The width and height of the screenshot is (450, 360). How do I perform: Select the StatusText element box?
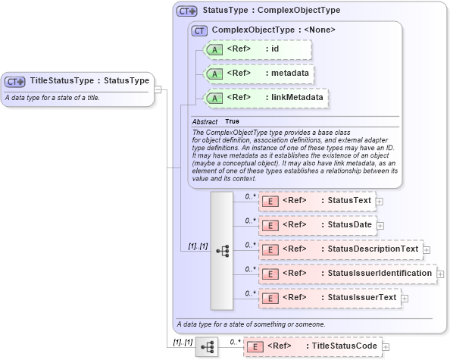click(x=317, y=201)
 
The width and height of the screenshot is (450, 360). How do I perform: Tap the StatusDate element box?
click(x=317, y=225)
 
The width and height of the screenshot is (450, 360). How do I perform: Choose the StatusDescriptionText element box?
click(x=340, y=249)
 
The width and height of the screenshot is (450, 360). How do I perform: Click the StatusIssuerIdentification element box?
click(x=347, y=273)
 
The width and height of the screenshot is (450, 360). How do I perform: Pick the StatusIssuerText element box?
click(x=329, y=298)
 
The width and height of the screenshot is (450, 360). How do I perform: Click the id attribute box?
click(x=258, y=49)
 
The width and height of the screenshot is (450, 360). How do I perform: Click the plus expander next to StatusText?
click(x=380, y=202)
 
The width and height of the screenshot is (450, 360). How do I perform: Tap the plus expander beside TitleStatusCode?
click(x=386, y=347)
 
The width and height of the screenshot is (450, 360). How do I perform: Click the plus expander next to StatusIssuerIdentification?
click(x=441, y=274)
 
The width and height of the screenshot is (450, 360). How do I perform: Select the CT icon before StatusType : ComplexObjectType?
click(x=186, y=11)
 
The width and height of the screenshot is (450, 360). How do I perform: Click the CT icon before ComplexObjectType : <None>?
click(x=200, y=30)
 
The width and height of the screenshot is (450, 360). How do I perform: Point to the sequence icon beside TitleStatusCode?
click(x=207, y=347)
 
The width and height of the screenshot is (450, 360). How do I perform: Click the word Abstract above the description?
click(x=205, y=122)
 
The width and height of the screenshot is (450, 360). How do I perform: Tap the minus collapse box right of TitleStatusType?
click(x=158, y=89)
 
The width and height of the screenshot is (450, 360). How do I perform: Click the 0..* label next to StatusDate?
click(x=249, y=221)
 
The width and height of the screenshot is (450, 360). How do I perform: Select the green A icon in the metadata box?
click(x=215, y=74)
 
